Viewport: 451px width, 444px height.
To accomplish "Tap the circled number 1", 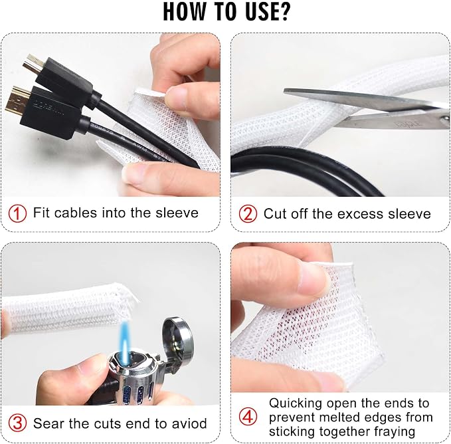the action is (17, 213).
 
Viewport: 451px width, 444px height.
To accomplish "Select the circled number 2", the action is (248, 214).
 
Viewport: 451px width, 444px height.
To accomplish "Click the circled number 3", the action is (17, 423).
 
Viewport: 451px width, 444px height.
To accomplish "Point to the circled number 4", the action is (248, 417).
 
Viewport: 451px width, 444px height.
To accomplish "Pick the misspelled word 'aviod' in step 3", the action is (189, 423).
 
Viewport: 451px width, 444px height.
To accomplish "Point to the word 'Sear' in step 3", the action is (48, 423).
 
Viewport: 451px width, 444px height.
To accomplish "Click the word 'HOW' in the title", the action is (185, 12).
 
